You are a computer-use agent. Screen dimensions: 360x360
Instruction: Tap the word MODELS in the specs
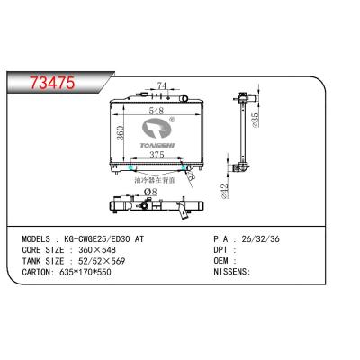point(33,242)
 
